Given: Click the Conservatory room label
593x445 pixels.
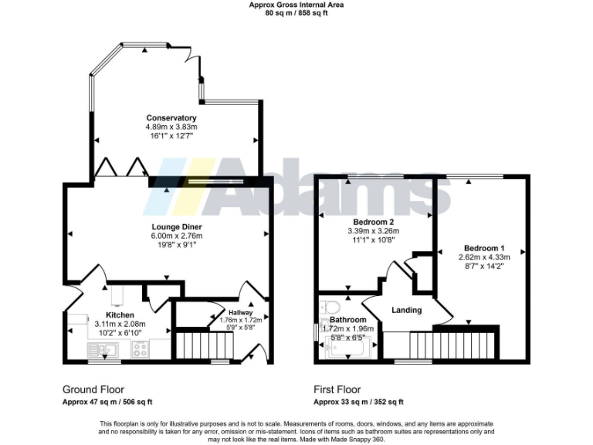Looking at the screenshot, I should click(171, 118).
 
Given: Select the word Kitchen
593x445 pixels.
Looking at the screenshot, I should click(120, 315).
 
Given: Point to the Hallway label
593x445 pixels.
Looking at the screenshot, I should click(230, 311).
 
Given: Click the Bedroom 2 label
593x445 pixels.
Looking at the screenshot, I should click(366, 222).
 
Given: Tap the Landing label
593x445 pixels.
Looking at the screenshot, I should click(406, 311).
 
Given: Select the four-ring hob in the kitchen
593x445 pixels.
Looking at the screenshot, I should click(141, 349).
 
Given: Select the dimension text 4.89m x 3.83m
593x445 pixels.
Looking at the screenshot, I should click(171, 127).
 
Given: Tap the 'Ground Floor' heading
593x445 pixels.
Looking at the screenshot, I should click(93, 389).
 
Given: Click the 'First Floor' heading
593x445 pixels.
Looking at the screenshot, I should click(337, 389).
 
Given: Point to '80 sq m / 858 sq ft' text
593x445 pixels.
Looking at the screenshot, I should click(296, 13).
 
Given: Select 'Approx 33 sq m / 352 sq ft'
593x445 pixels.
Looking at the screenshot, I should click(357, 402).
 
